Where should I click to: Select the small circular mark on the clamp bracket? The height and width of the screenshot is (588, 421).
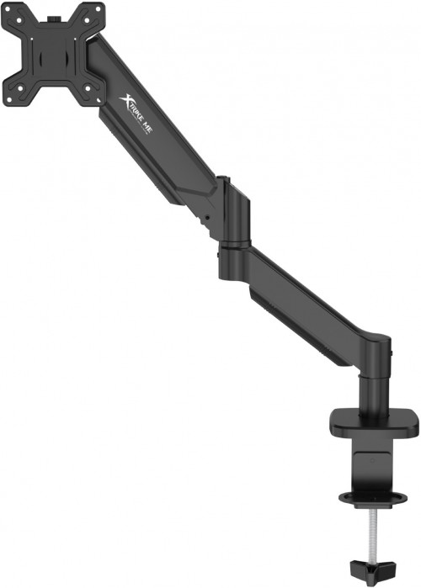point(375,460)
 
